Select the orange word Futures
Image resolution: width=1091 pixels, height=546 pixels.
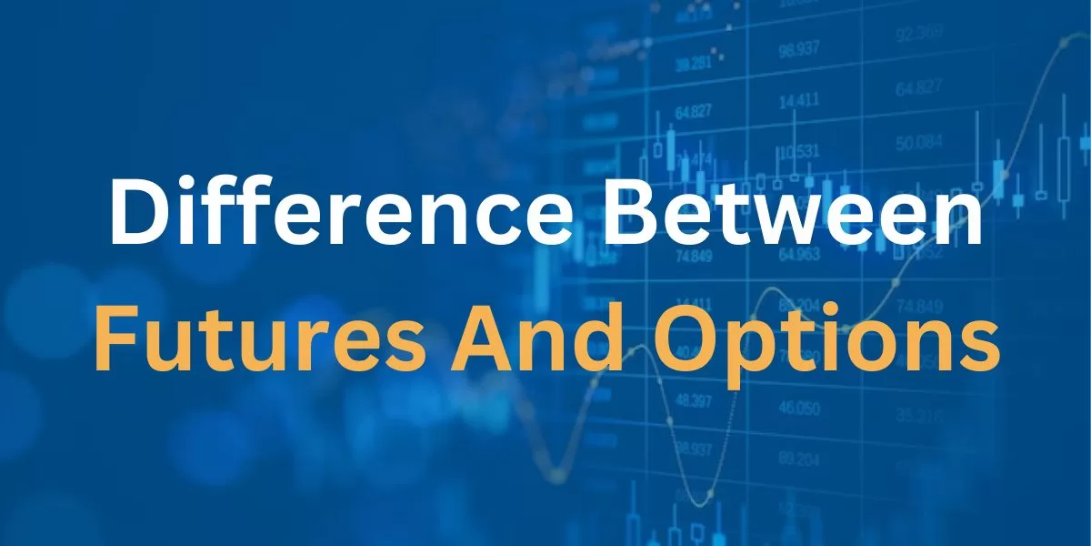point(259,338)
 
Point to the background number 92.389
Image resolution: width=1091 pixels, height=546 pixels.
point(919,35)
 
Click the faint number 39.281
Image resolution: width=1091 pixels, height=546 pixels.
point(694,64)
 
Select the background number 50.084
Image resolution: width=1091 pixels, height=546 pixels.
point(918,143)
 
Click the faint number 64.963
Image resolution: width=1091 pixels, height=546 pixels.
point(799,255)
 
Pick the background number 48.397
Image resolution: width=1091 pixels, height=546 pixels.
point(694,402)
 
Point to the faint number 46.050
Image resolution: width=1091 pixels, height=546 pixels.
point(799,408)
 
